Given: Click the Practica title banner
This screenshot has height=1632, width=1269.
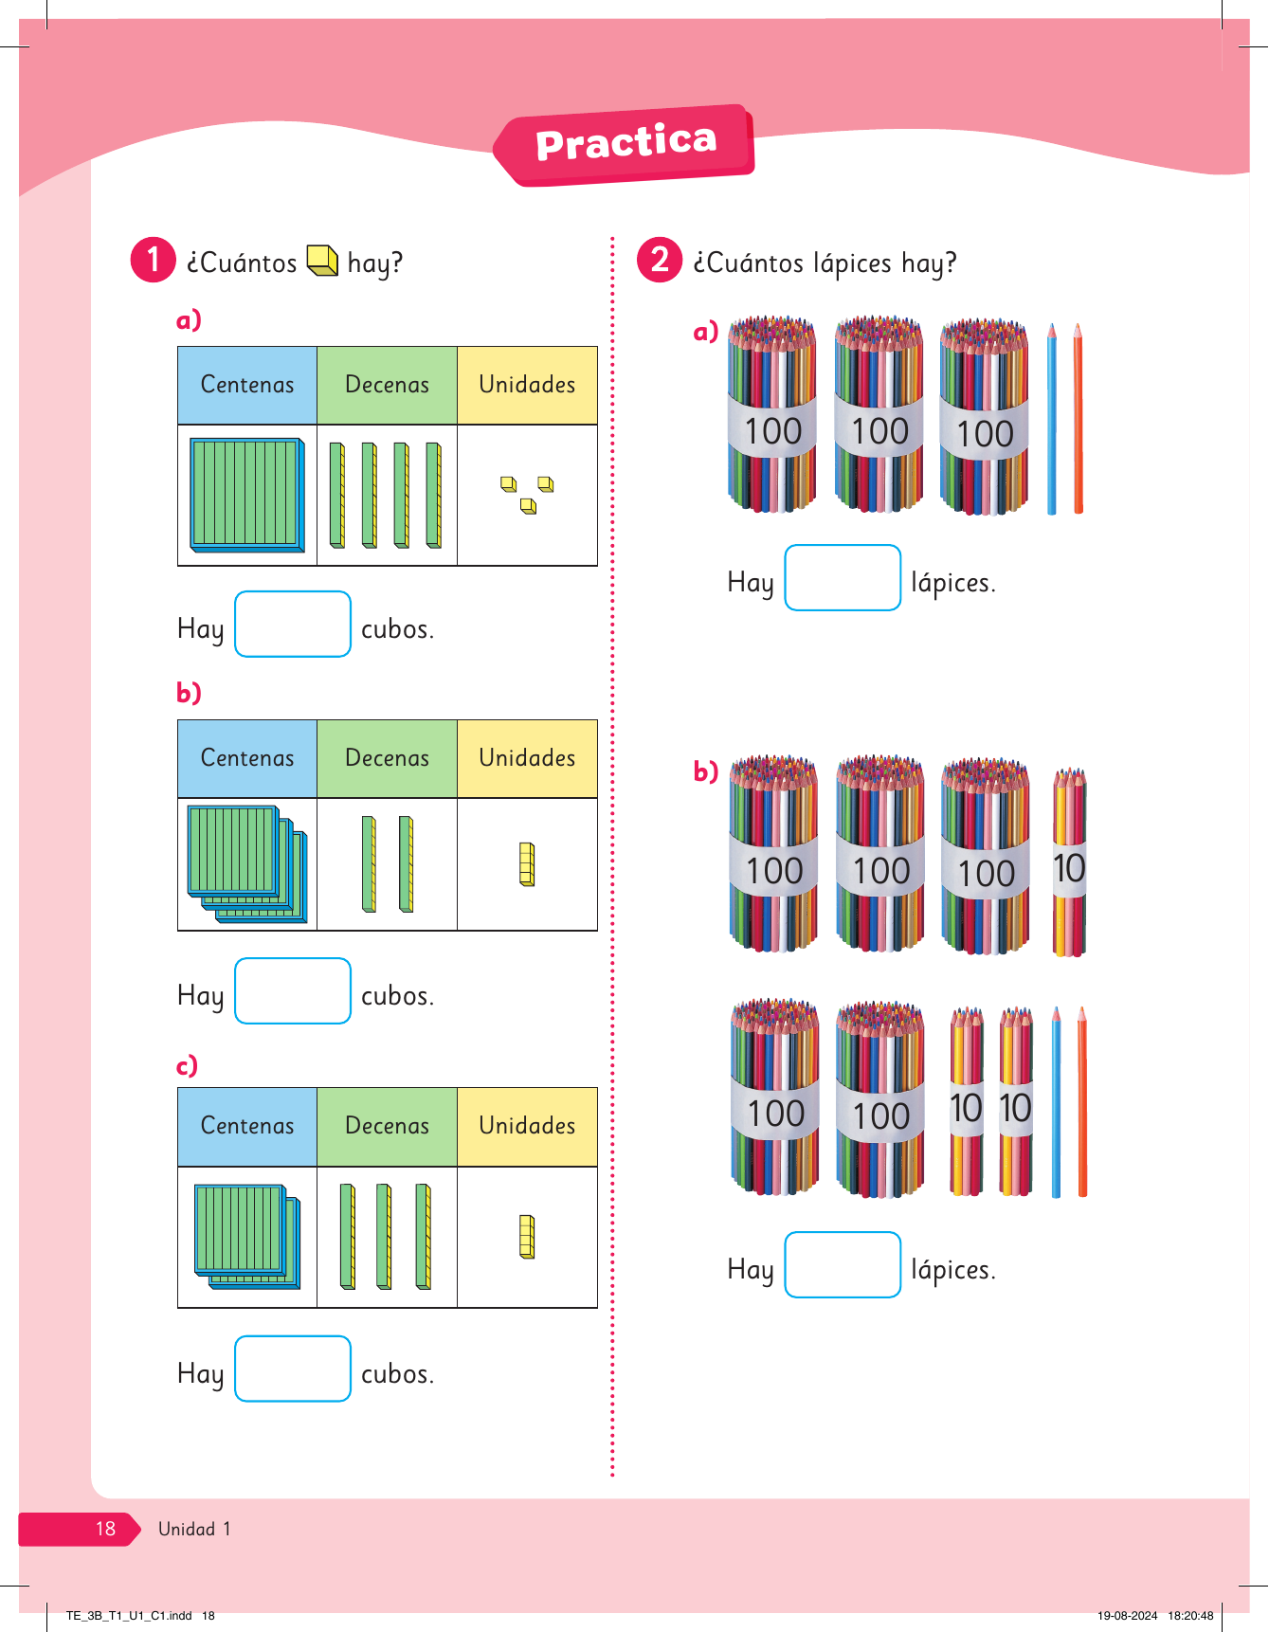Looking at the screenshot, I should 625,144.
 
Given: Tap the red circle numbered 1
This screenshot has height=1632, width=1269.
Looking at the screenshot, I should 153,260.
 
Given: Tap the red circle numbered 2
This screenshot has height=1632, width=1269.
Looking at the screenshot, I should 660,260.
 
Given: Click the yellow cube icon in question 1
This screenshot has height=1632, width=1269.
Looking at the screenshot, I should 322,261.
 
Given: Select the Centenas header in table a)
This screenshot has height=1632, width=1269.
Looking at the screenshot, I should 247,385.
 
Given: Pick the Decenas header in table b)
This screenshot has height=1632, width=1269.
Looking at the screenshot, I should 387,758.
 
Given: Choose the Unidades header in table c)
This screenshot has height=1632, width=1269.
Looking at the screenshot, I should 527,1126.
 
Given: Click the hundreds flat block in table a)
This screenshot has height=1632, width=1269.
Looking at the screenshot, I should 247,494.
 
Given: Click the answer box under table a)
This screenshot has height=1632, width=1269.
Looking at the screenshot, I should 293,624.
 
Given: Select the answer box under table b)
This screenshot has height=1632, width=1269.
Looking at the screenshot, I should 293,991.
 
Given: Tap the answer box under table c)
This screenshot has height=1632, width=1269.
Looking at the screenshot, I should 293,1369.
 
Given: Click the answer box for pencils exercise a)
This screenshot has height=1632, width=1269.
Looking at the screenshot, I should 843,578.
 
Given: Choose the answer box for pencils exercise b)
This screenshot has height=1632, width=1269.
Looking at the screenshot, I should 843,1264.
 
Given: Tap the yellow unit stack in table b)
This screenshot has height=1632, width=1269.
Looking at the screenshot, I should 527,864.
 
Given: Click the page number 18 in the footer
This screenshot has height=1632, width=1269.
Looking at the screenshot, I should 105,1529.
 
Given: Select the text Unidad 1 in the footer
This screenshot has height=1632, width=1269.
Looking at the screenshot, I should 194,1529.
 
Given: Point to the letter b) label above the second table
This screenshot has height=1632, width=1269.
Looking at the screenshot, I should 189,693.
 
